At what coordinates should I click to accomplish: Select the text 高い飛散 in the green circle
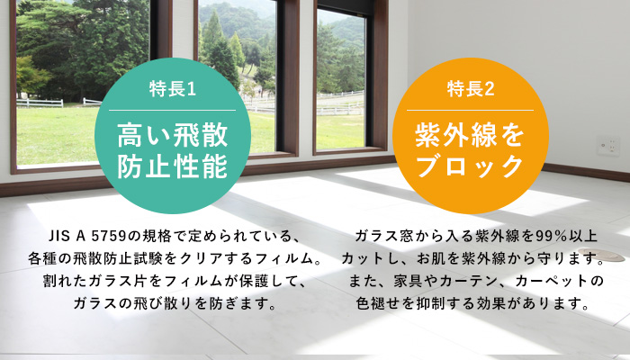coord(172,136)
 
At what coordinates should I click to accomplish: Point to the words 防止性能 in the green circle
coord(172,166)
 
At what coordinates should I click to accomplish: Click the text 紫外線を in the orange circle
coord(470,136)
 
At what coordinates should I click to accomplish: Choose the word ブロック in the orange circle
coord(470,166)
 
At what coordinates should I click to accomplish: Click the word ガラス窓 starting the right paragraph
coord(383,237)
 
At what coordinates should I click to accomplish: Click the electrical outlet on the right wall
coord(609,145)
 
